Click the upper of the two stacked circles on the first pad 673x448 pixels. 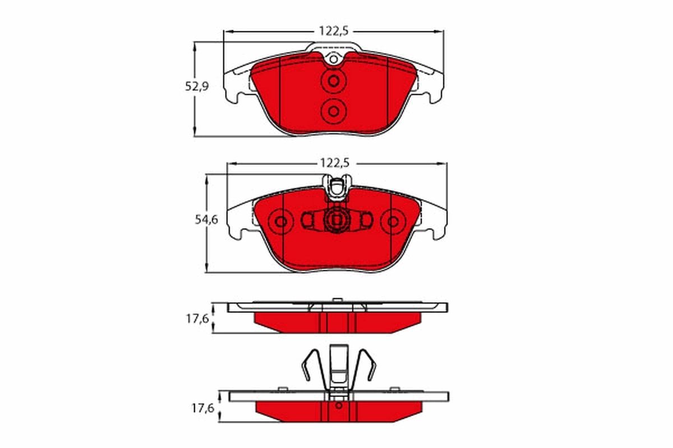click(333, 81)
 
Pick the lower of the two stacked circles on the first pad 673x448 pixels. click(333, 110)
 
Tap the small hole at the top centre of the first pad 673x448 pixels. click(333, 59)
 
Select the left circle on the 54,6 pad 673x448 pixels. click(281, 222)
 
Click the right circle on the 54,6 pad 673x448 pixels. click(393, 222)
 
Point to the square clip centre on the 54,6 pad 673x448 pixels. click(336, 221)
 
